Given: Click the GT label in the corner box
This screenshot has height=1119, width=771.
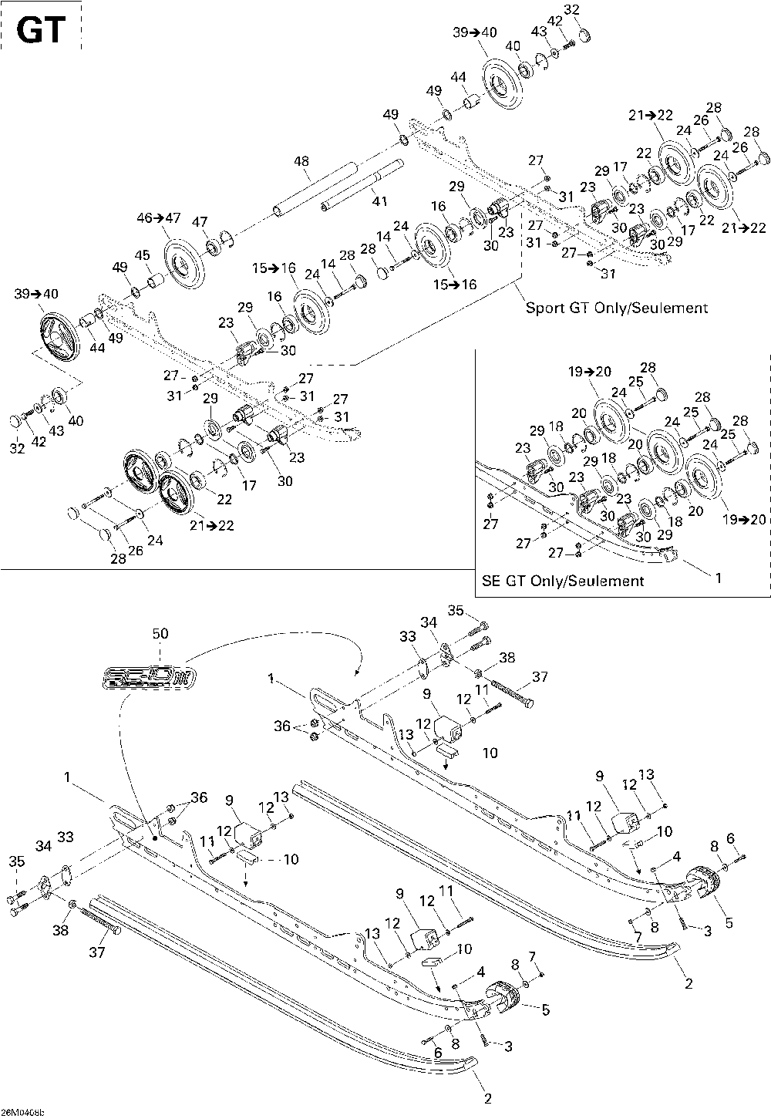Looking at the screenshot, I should coord(39,30).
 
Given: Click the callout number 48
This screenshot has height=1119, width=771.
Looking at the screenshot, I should coord(301,162).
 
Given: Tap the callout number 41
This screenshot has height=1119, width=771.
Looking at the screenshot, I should coord(379,201).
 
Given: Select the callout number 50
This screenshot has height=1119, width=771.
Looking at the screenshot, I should coord(160,633).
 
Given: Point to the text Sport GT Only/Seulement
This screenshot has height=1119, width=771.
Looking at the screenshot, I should coord(616,308).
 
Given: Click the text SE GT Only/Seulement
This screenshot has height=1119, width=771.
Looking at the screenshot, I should coord(563,580).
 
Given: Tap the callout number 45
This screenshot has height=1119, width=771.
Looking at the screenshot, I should coord(143,255).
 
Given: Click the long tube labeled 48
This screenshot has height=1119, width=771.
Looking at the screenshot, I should coord(314,188).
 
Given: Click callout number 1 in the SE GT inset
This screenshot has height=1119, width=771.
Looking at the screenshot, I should coord(718,576).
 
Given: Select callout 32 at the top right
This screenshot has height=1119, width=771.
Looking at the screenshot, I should coord(571,9).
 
